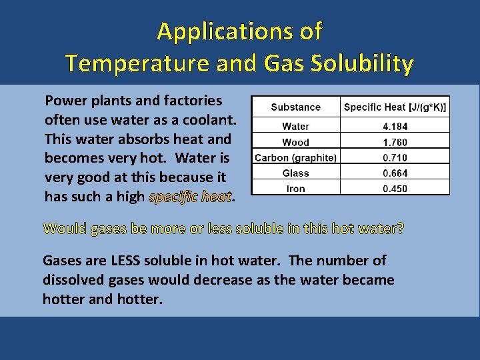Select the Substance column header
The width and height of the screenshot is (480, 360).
296,107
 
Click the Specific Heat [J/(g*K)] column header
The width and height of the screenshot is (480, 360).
395,107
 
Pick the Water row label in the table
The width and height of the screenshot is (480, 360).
296,126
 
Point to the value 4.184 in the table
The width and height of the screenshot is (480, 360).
395,126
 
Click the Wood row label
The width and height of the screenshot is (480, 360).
296,142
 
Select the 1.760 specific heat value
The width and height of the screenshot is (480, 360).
395,142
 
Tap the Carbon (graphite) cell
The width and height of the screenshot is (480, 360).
296,157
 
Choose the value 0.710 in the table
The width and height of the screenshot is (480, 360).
395,157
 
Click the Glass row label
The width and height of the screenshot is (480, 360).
296,173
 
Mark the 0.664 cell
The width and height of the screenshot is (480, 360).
395,173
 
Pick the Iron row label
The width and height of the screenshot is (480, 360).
296,188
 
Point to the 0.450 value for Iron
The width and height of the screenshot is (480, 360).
395,188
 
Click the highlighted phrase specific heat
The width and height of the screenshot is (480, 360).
190,197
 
